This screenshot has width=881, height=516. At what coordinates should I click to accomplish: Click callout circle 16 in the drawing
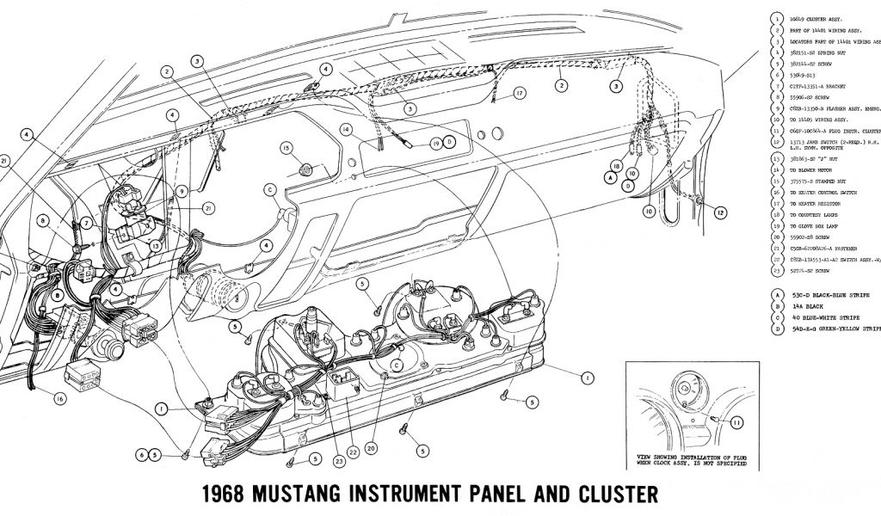tap(59, 397)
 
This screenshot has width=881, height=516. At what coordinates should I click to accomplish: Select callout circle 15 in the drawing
tap(286, 149)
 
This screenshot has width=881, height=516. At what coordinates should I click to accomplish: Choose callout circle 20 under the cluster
tap(372, 447)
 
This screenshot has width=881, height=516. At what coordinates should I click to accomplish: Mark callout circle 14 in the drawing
tap(346, 130)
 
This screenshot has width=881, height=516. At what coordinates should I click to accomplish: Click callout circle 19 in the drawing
tap(436, 142)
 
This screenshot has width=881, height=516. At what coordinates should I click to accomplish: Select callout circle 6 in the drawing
tap(140, 454)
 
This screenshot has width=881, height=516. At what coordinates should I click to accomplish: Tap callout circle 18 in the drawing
tap(617, 165)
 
